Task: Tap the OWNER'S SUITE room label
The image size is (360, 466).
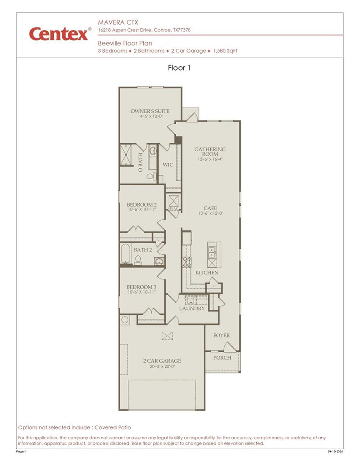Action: [x=150, y=111]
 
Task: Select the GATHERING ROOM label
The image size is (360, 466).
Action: [x=210, y=152]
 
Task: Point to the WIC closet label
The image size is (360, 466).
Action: [x=168, y=165]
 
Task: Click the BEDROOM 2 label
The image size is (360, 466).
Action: [x=142, y=205]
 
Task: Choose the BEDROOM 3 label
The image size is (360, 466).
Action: [x=142, y=287]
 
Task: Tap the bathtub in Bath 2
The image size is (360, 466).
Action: [x=126, y=253]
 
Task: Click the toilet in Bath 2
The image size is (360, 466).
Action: [x=138, y=260]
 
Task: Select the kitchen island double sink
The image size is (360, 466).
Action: [x=212, y=252]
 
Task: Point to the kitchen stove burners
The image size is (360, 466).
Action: [x=187, y=262]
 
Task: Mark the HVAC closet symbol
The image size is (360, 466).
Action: [x=173, y=201]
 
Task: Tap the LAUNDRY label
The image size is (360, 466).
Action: [x=192, y=309]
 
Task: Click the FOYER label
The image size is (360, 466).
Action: [x=222, y=335]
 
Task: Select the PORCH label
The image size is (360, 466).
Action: [x=222, y=358]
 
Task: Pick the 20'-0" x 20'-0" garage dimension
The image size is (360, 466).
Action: [x=162, y=366]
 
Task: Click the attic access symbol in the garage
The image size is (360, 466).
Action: [x=167, y=335]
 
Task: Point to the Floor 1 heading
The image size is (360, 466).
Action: [x=179, y=68]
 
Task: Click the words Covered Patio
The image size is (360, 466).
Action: [x=113, y=427]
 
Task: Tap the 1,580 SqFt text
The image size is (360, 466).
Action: [x=225, y=51]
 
